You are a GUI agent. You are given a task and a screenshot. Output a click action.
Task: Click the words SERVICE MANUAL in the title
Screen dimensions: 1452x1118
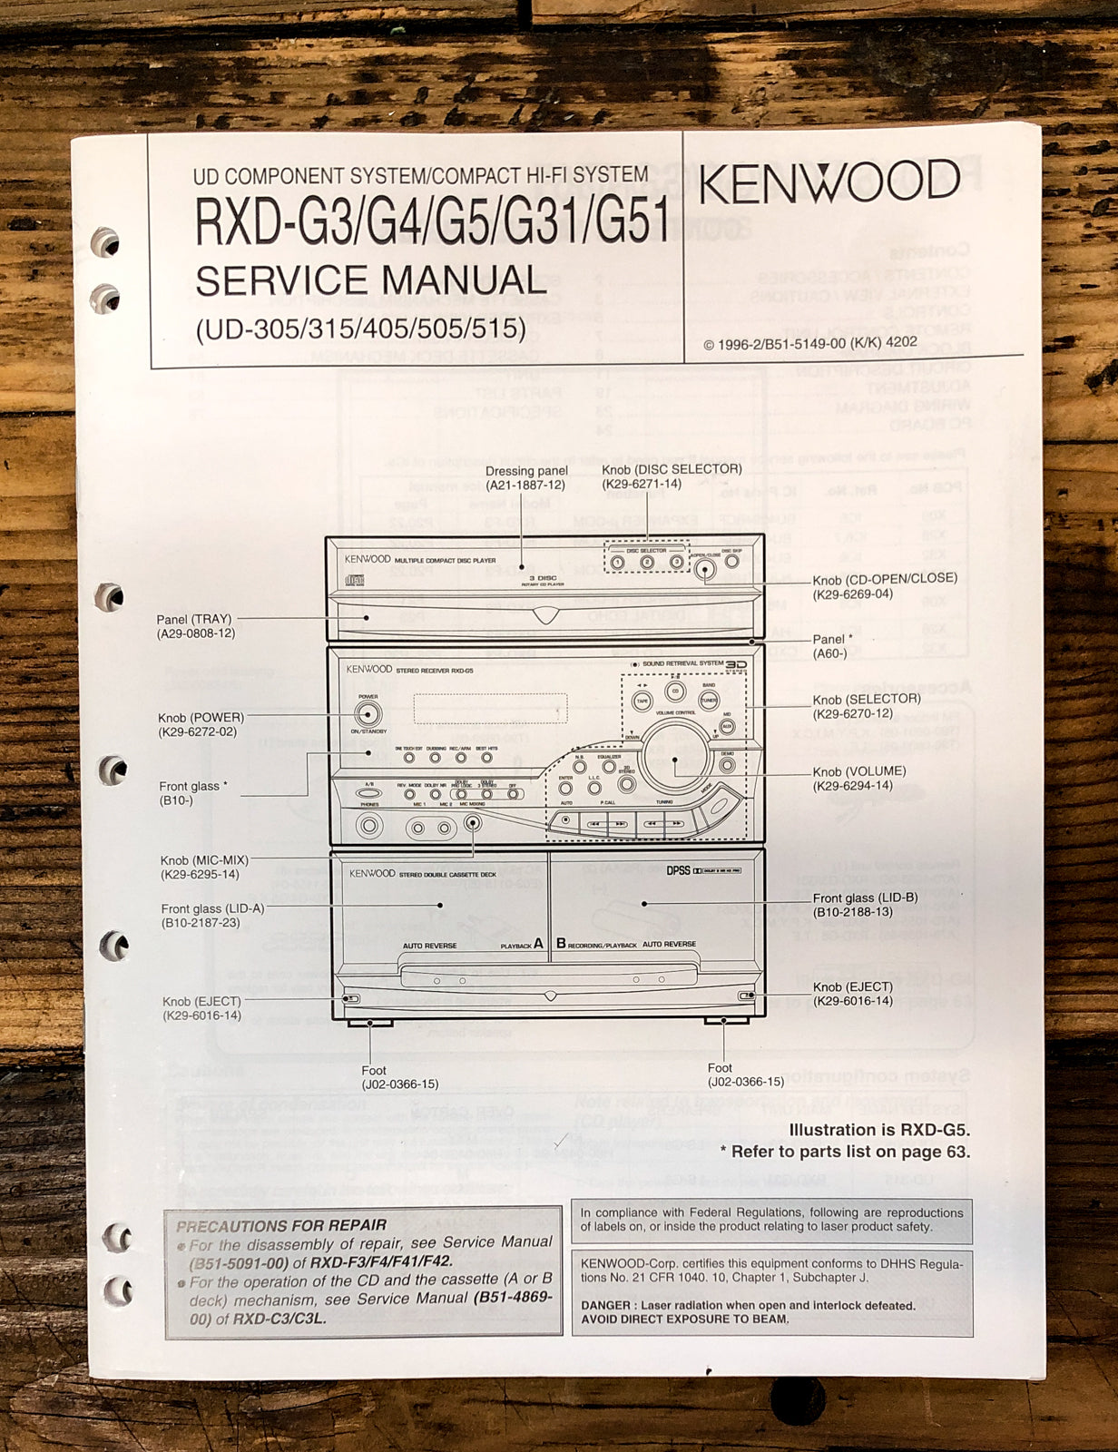[370, 280]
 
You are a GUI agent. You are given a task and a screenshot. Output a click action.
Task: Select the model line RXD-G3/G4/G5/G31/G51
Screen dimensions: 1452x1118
[432, 222]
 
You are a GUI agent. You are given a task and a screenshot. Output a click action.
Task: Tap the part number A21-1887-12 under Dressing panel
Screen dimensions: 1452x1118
[525, 486]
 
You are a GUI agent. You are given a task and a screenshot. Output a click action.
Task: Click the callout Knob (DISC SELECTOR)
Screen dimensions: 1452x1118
[672, 469]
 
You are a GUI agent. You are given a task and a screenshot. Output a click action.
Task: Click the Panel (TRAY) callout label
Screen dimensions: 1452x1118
[194, 620]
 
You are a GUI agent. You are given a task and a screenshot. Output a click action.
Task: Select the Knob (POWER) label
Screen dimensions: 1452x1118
[201, 718]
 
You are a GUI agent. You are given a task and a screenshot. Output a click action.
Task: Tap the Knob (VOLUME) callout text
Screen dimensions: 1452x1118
[859, 772]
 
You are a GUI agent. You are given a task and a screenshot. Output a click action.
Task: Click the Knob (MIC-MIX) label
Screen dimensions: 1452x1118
[204, 860]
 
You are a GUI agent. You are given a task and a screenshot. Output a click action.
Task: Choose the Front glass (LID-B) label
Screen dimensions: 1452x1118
[865, 898]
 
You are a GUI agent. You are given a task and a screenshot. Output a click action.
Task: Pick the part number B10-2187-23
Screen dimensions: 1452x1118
[201, 923]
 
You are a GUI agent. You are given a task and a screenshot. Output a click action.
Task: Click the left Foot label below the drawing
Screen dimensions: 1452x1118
[374, 1071]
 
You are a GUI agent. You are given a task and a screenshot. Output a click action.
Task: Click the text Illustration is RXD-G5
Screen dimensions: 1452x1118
[879, 1131]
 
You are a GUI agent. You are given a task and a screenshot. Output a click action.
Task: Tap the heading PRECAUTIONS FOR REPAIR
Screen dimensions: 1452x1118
[281, 1226]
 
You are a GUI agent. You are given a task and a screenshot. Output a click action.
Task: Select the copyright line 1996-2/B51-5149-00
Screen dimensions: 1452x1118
[809, 343]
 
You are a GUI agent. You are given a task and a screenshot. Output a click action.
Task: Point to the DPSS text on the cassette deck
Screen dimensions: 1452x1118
[678, 870]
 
